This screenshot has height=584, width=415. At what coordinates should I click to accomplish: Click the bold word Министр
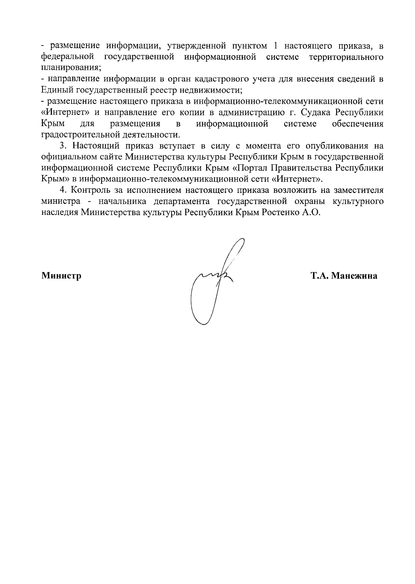tap(61, 276)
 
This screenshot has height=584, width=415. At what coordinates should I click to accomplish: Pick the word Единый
tap(56, 90)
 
